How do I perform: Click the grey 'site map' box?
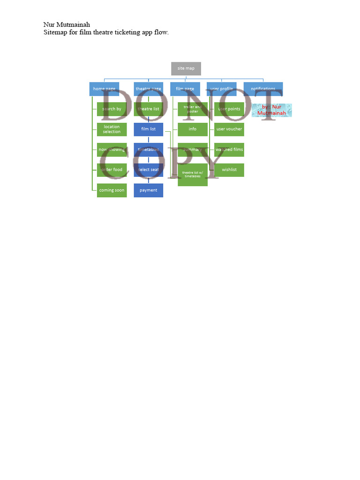coord(186,68)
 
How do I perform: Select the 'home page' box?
coord(104,89)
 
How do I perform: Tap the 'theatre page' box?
coord(148,89)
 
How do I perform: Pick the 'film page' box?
coord(185,89)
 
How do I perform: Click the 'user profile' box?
coord(222,89)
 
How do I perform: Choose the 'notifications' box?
coord(263,89)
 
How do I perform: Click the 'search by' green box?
coord(112,109)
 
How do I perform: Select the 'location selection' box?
coord(112,129)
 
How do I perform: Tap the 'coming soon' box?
coord(112,190)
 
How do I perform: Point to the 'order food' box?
coord(112,170)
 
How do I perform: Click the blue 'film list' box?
coord(148,129)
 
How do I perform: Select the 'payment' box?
coord(148,190)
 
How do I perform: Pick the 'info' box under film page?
coord(193,129)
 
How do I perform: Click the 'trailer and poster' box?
coord(193,109)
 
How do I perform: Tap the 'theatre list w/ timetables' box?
coord(193,174)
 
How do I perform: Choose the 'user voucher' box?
coord(229,129)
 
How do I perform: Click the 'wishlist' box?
coord(229,170)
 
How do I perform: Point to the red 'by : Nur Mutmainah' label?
coord(272,110)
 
